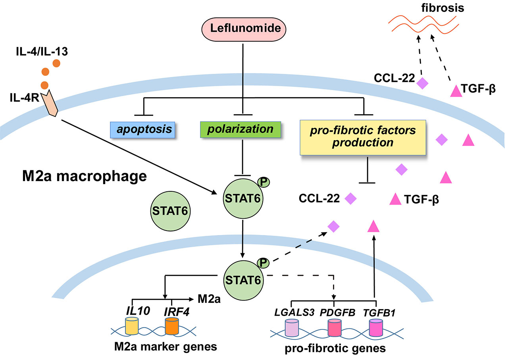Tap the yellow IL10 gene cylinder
[x=131, y=325]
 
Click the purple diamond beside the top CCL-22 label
[x=422, y=84]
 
